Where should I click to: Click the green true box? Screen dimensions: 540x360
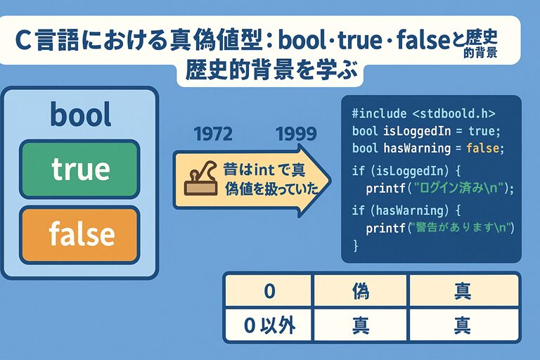pyautogui.click(x=79, y=169)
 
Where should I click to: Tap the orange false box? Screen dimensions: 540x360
pyautogui.click(x=79, y=235)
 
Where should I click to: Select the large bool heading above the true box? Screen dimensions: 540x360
pyautogui.click(x=81, y=115)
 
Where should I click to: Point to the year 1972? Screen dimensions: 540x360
pyautogui.click(x=213, y=134)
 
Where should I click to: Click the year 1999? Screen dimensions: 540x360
pyautogui.click(x=296, y=134)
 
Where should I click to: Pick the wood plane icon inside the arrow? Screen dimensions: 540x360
pyautogui.click(x=201, y=178)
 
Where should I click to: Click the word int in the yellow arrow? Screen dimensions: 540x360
pyautogui.click(x=264, y=169)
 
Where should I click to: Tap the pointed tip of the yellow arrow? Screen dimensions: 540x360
pyautogui.click(x=331, y=180)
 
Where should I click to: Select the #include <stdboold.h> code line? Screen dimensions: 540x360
pyautogui.click(x=423, y=113)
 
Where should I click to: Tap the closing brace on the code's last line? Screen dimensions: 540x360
pyautogui.click(x=355, y=245)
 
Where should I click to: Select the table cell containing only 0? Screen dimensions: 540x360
pyautogui.click(x=269, y=291)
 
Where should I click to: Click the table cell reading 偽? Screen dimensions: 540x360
pyautogui.click(x=361, y=291)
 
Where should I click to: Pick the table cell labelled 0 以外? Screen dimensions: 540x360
pyautogui.click(x=269, y=325)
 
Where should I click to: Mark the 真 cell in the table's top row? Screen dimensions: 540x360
pyautogui.click(x=463, y=291)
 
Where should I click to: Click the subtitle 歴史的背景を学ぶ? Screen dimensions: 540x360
pyautogui.click(x=271, y=70)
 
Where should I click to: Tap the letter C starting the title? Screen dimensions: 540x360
pyautogui.click(x=23, y=41)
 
